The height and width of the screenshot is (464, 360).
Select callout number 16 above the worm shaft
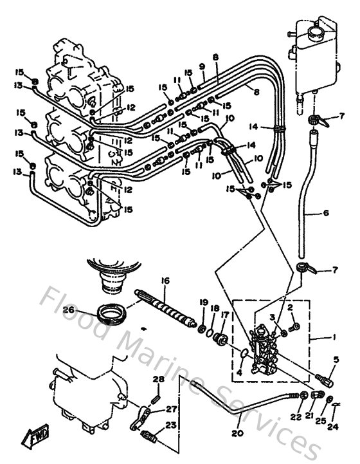pos(165,281)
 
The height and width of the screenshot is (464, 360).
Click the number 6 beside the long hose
pos(326,212)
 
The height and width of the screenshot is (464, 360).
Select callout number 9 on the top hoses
pos(201,66)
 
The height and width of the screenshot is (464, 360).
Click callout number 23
pos(170,424)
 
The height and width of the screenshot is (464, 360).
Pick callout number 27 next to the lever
pos(171,409)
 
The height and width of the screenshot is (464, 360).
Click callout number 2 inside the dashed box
pos(291,308)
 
